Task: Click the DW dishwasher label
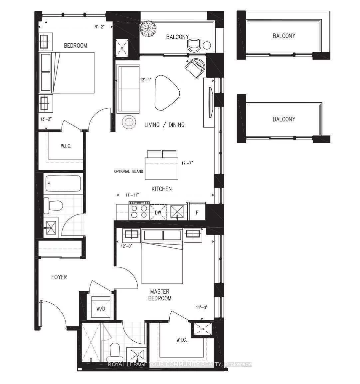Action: pyautogui.click(x=158, y=212)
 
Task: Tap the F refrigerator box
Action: pyautogui.click(x=197, y=212)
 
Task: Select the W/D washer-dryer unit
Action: pyautogui.click(x=101, y=308)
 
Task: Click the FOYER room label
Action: pyautogui.click(x=59, y=277)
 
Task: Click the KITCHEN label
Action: pyautogui.click(x=162, y=189)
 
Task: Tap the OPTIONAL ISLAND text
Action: pyautogui.click(x=129, y=172)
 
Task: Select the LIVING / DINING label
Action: pyautogui.click(x=164, y=125)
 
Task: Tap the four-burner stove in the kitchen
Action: pyautogui.click(x=139, y=211)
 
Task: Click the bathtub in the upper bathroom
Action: pyautogui.click(x=63, y=184)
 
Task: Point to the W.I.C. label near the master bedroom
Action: pyautogui.click(x=181, y=340)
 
